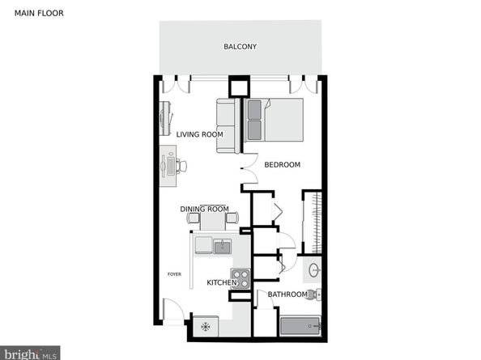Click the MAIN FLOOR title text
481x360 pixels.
[x=39, y=13]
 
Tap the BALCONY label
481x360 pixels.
[x=240, y=47]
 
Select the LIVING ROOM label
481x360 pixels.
[x=199, y=134]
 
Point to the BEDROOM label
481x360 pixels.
[x=283, y=164]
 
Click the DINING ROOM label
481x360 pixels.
[x=204, y=209]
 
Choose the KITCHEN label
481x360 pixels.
[x=222, y=282]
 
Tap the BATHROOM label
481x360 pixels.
[x=287, y=294]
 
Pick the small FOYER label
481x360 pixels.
[x=174, y=274]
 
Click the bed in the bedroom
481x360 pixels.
[x=274, y=120]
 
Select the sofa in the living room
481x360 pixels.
[x=228, y=125]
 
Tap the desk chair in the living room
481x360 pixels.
[x=181, y=166]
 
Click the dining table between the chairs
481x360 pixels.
[x=213, y=221]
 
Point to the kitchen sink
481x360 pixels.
[x=223, y=246]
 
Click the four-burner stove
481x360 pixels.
[x=240, y=279]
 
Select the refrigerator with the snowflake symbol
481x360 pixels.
[x=206, y=327]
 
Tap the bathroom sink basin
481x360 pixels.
[x=314, y=270]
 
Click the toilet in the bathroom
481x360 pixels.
[x=313, y=294]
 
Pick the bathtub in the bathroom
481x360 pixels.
[x=300, y=326]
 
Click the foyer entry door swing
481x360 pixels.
[x=173, y=310]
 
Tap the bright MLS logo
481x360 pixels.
[x=30, y=354]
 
